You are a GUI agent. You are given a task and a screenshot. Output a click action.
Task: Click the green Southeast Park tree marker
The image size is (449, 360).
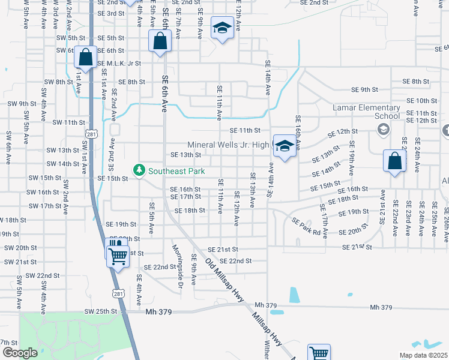click(x=139, y=171)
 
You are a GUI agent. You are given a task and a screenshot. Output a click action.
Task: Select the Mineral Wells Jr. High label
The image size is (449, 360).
click(x=228, y=145)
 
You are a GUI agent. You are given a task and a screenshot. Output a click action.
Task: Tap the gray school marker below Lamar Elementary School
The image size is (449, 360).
click(x=382, y=129)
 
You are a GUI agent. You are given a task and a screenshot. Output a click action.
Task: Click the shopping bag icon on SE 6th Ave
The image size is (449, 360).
click(x=160, y=42)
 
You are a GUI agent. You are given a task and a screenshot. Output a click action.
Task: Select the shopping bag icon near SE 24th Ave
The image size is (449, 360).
click(x=394, y=161)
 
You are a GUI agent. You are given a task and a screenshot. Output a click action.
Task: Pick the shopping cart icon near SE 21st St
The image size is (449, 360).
click(x=118, y=256)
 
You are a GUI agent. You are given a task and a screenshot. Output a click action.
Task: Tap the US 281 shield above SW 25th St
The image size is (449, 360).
click(x=119, y=292)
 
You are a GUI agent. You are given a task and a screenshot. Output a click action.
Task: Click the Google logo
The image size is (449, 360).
click(x=19, y=352)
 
